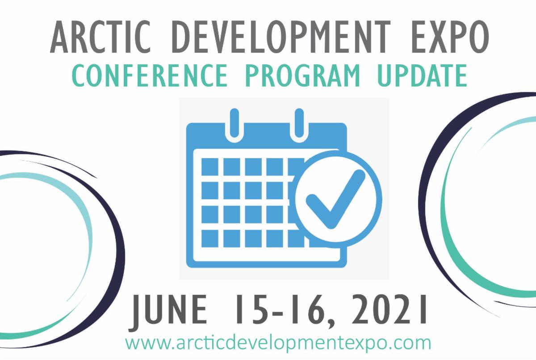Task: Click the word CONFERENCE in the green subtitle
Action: point(150,75)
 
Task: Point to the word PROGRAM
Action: point(302,75)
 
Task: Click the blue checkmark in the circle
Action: point(335,199)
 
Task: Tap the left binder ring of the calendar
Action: point(234,123)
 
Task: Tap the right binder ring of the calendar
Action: point(299,123)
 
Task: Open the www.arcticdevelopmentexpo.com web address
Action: point(278,343)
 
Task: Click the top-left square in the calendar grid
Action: point(209,167)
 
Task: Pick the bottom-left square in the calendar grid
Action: point(209,239)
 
